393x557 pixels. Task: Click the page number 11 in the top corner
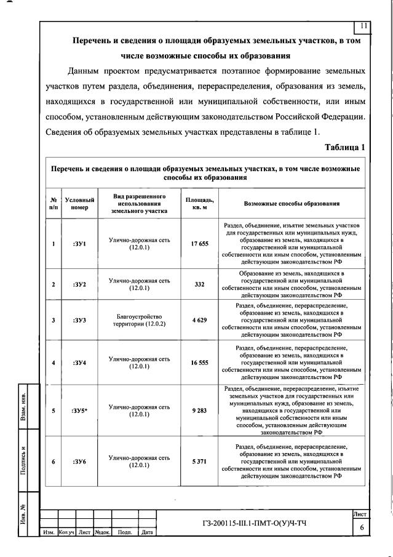[x=363, y=25]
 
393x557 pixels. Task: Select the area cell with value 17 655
[x=199, y=244]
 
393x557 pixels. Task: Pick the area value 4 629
[x=199, y=320]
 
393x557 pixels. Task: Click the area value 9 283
[x=199, y=411]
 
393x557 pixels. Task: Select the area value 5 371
[x=199, y=461]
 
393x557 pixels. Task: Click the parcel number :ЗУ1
[x=79, y=244]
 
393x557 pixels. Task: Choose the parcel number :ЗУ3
[x=79, y=320]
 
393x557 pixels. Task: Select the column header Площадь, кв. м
[x=199, y=203]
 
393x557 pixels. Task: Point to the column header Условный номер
[x=79, y=204]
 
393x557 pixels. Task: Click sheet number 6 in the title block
[x=362, y=527]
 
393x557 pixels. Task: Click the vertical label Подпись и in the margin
[x=22, y=458]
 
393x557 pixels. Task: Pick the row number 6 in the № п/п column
[x=54, y=461]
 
